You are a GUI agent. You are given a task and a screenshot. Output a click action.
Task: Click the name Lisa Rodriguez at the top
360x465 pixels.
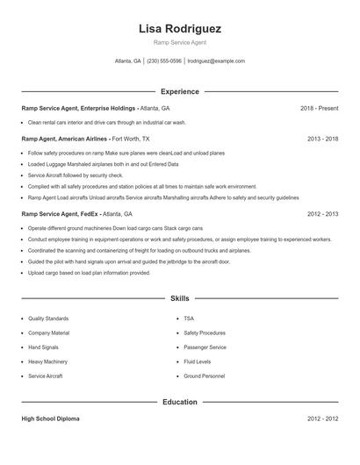pos(179,29)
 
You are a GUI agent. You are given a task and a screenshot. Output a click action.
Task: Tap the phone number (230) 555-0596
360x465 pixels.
pos(164,61)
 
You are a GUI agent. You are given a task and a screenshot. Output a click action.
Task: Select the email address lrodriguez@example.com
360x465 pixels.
pos(216,61)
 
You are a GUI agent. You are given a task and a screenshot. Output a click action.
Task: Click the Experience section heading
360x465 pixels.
pos(179,91)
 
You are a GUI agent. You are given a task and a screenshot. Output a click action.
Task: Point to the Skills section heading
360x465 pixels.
pos(179,298)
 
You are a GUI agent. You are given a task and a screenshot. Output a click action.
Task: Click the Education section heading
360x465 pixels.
pos(179,402)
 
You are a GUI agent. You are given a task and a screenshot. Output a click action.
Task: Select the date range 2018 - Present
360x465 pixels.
pos(319,108)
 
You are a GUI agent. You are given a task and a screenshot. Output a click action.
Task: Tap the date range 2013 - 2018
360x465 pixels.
pos(322,139)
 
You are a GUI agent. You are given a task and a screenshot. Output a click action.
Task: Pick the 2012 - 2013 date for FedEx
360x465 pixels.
pos(322,213)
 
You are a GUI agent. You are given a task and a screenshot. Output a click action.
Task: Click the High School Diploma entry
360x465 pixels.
pos(50,418)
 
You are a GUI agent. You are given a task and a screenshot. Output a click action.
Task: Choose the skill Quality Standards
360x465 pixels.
pos(48,318)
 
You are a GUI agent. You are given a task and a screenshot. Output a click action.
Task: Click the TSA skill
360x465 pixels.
pos(189,318)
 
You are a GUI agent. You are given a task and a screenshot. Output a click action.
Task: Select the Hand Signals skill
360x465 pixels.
pos(45,347)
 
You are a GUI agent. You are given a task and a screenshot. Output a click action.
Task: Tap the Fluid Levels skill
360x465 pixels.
pos(197,361)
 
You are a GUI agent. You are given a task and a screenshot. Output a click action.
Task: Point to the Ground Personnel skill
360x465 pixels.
pos(204,376)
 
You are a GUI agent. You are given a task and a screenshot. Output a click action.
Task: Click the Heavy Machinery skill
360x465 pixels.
pos(47,361)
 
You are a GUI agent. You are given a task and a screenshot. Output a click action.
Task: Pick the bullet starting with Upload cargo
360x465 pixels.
pos(89,273)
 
